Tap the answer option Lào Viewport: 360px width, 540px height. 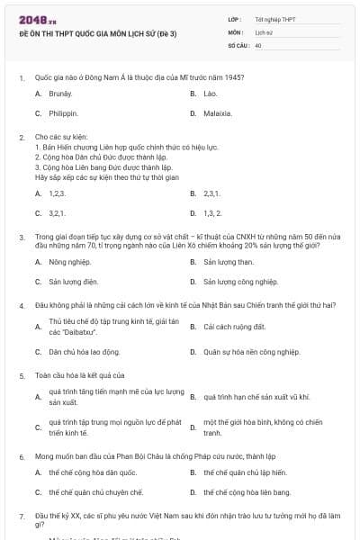[211, 94]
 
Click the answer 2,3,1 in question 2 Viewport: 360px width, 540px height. [211, 193]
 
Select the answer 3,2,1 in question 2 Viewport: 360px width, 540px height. [57, 213]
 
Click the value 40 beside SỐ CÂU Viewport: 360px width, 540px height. [258, 44]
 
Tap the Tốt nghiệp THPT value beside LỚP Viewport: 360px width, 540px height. [274, 19]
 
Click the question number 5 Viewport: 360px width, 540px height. [21, 374]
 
